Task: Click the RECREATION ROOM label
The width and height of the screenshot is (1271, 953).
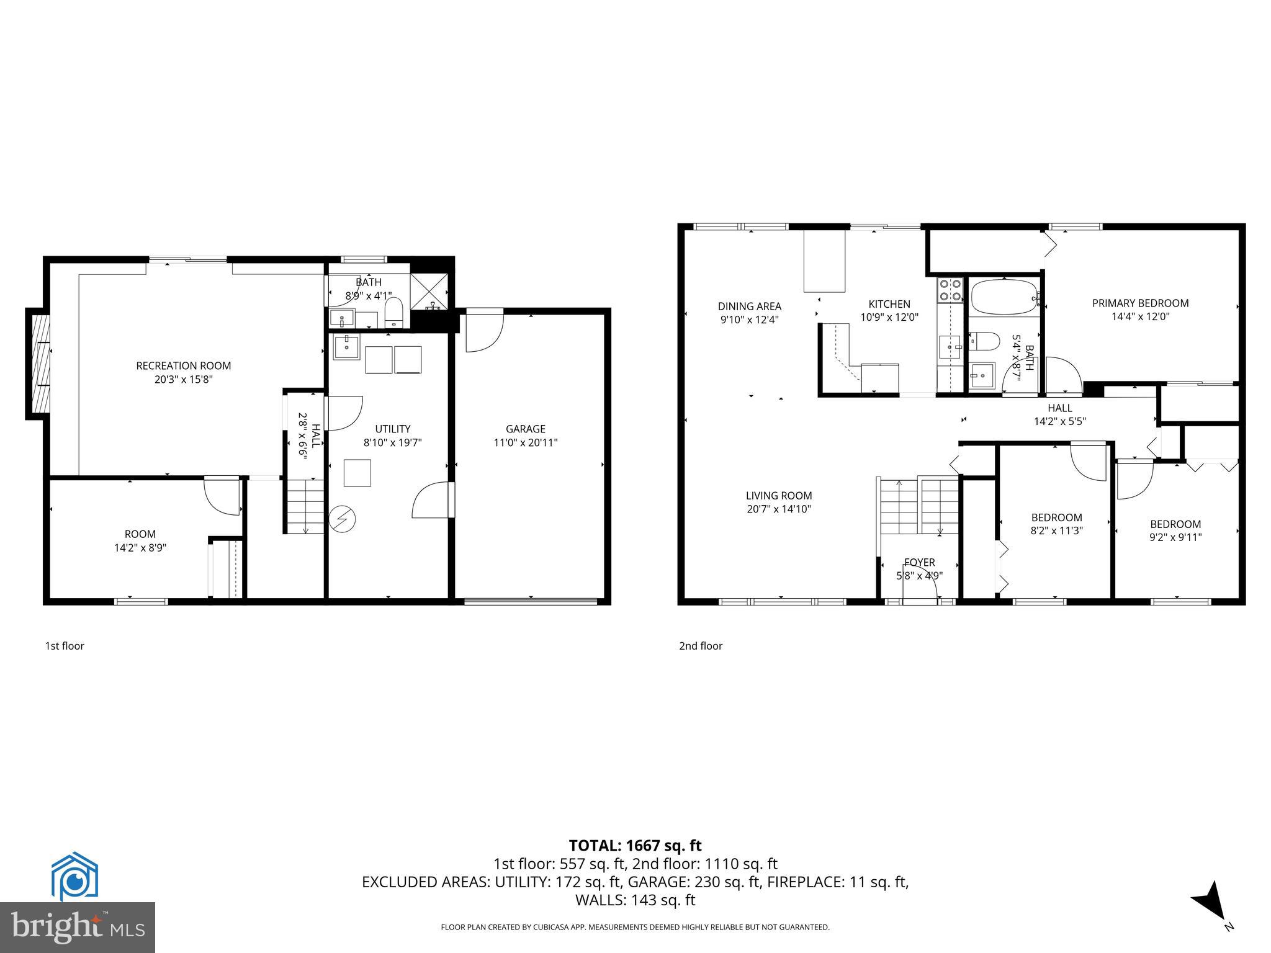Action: point(183,365)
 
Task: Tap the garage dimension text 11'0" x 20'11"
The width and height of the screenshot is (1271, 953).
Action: point(525,442)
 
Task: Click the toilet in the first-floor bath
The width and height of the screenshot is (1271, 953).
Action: point(394,312)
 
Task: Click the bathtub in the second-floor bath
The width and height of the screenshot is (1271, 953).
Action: point(1003,298)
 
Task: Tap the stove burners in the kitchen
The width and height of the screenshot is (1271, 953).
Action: point(950,291)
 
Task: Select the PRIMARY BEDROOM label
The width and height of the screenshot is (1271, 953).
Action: point(1140,303)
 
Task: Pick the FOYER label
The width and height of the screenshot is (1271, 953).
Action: point(919,562)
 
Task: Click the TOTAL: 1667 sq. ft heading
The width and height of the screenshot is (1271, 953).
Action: point(635,845)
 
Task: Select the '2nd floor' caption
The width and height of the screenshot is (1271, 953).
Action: point(700,646)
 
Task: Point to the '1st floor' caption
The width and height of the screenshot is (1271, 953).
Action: point(64,646)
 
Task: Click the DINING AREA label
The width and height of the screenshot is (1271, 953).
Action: point(749,306)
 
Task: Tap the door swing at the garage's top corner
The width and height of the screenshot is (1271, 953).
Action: point(483,334)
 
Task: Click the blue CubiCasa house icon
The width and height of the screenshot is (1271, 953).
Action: point(74,876)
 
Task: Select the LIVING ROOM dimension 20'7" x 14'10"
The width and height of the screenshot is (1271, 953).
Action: point(778,509)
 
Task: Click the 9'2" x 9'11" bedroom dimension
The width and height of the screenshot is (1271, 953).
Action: point(1175,537)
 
